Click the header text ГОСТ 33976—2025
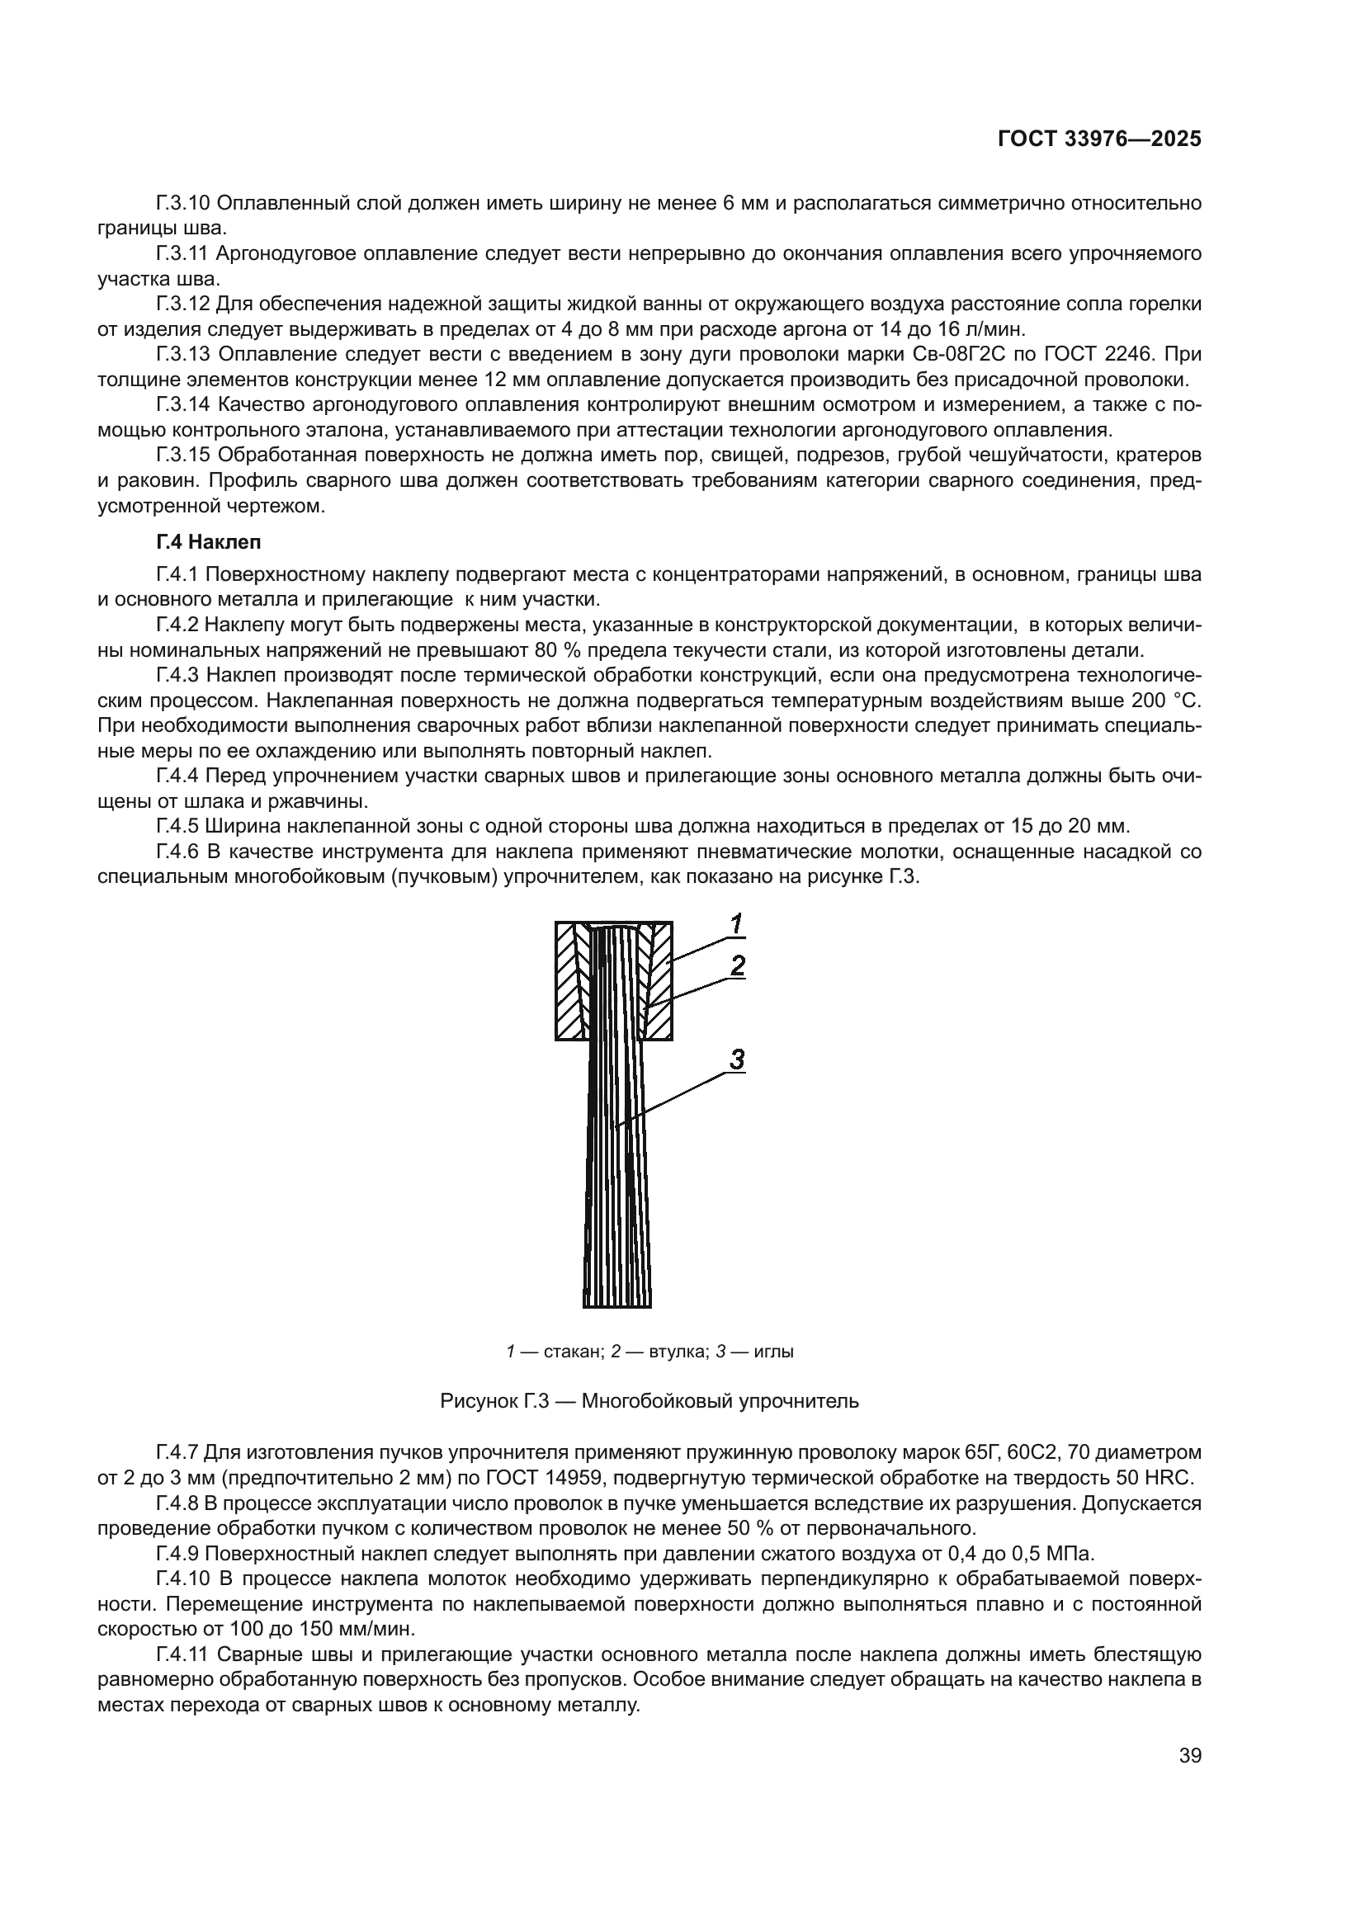pos(1099,139)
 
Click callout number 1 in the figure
pos(736,925)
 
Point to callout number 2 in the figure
pos(737,967)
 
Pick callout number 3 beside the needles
pos(736,1061)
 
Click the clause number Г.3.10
pos(183,204)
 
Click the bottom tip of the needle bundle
pos(617,1305)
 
